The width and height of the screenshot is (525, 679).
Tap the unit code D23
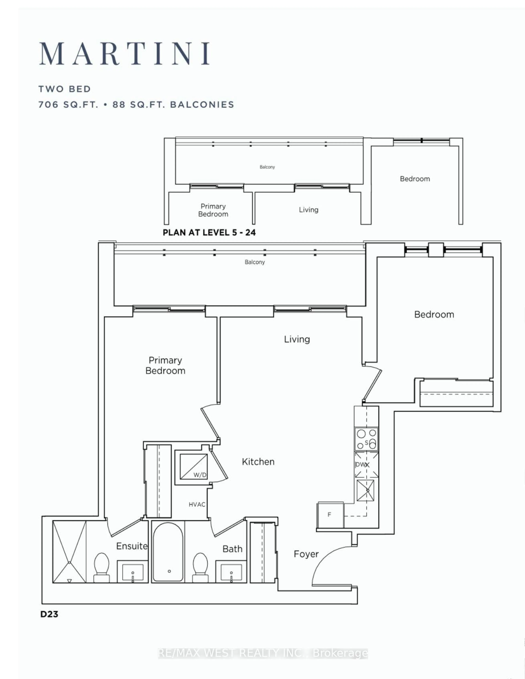(49, 614)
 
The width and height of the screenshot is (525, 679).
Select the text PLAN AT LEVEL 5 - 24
(209, 233)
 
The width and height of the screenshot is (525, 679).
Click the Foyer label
(306, 554)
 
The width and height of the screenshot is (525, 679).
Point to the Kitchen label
(258, 462)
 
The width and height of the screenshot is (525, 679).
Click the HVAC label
(197, 504)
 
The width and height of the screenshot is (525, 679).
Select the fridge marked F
(330, 515)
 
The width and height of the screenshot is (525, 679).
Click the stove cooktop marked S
(367, 439)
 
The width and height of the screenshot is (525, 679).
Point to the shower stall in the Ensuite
(69, 552)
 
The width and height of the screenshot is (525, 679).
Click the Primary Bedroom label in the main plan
(165, 365)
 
